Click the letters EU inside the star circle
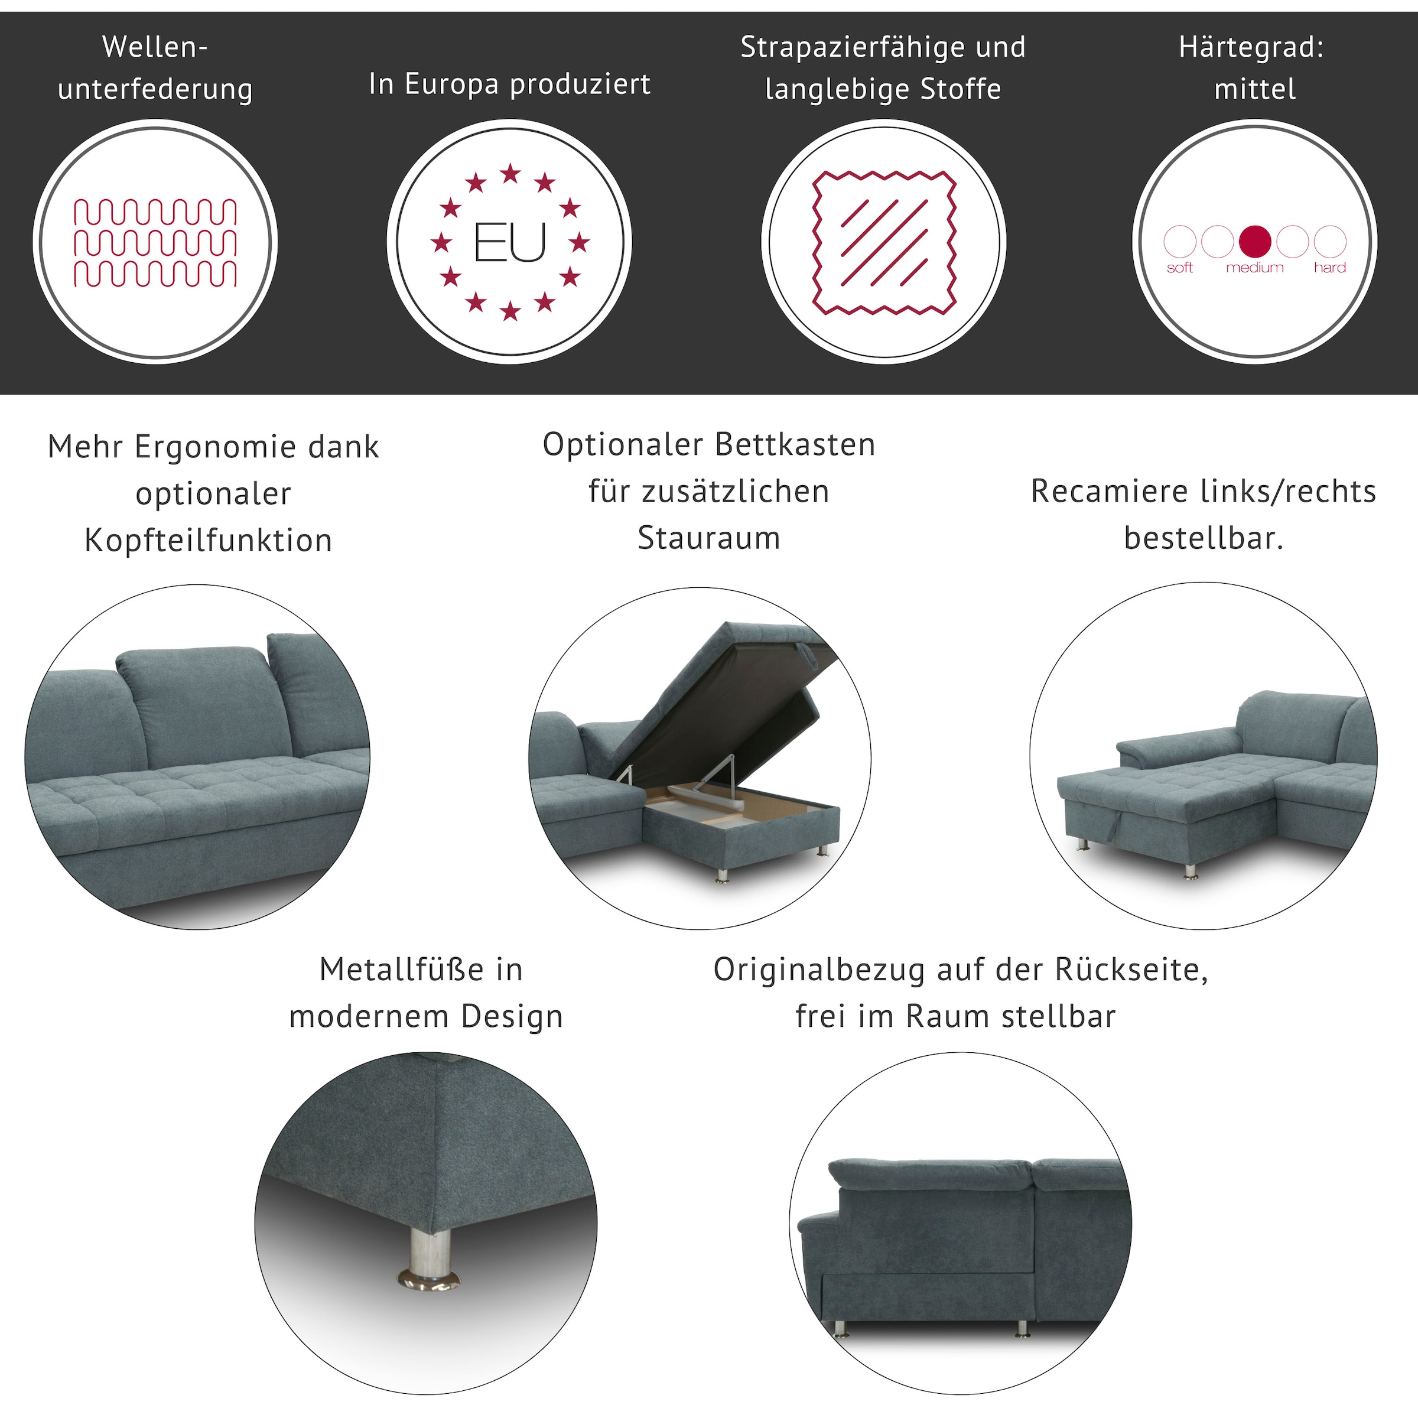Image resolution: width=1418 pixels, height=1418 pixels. pyautogui.click(x=510, y=243)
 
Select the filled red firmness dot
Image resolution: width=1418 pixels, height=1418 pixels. pyautogui.click(x=1254, y=240)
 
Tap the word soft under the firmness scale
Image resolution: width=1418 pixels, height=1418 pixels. pyautogui.click(x=1179, y=268)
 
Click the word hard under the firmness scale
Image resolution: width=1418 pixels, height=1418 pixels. pyautogui.click(x=1330, y=268)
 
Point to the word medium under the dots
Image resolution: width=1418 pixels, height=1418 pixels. pyautogui.click(x=1254, y=268)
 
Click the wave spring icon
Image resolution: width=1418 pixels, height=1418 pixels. pyautogui.click(x=155, y=242)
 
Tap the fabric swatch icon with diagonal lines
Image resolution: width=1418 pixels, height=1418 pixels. pyautogui.click(x=884, y=242)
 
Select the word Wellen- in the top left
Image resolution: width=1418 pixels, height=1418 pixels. pyautogui.click(x=155, y=48)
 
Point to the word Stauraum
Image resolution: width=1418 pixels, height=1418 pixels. pyautogui.click(x=708, y=538)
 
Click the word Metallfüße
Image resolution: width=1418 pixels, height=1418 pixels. pyautogui.click(x=402, y=970)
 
